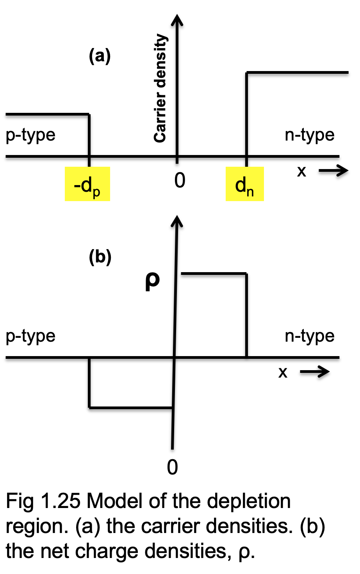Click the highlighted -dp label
tap(87, 184)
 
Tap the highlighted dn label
tap(244, 184)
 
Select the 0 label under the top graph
tap(180, 180)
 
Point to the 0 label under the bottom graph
tap(172, 467)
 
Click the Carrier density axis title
tap(160, 88)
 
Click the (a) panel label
tap(100, 56)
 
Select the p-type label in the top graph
tap(30, 135)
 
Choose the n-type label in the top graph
tap(310, 135)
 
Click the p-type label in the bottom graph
tap(30, 337)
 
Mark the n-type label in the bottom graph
tap(310, 337)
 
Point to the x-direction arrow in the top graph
tap(333, 171)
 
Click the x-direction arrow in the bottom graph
tap(315, 372)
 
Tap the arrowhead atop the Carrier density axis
tap(177, 20)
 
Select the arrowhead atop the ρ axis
tap(177, 221)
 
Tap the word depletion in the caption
tap(249, 501)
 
